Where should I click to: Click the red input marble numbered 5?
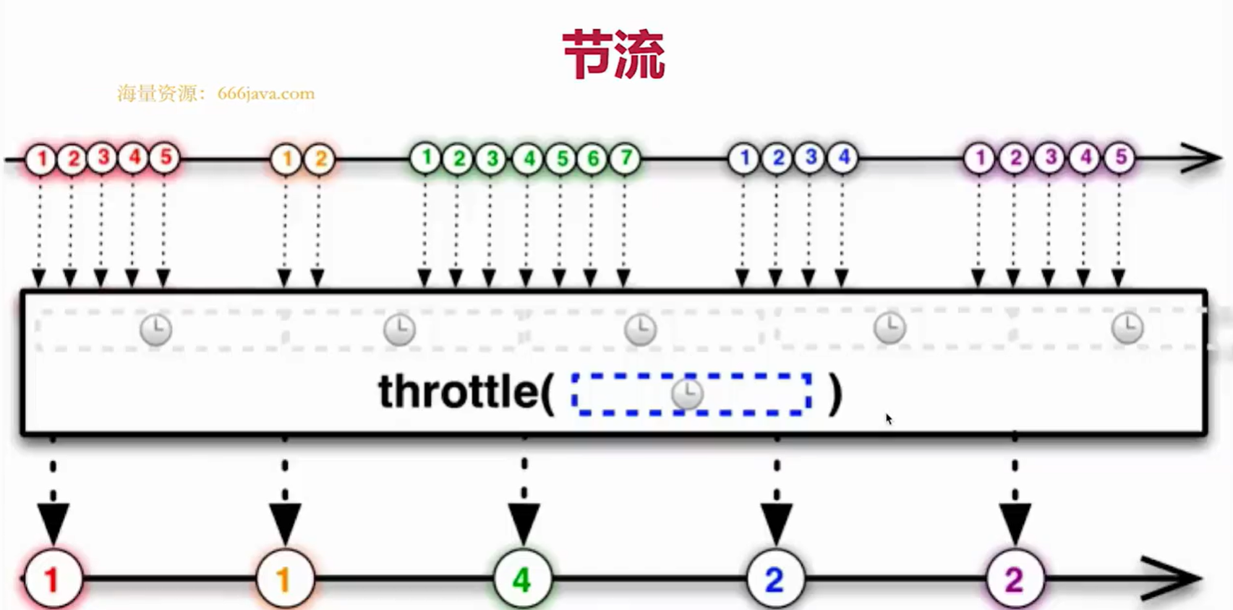point(165,158)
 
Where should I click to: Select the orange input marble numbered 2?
point(320,158)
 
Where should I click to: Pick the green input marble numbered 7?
point(625,158)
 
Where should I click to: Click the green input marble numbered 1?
point(426,158)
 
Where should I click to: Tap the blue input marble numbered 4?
point(842,157)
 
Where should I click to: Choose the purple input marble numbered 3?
point(1049,158)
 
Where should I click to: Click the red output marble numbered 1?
point(52,579)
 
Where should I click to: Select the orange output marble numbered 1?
point(285,579)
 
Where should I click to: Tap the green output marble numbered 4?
point(522,579)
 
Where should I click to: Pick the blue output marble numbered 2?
point(775,579)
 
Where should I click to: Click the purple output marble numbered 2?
point(1014,579)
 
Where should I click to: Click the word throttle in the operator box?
point(458,392)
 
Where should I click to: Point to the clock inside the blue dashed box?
point(687,394)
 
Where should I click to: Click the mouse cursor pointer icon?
point(889,418)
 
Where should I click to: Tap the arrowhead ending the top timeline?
point(1201,158)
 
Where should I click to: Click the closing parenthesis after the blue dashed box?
point(835,394)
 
